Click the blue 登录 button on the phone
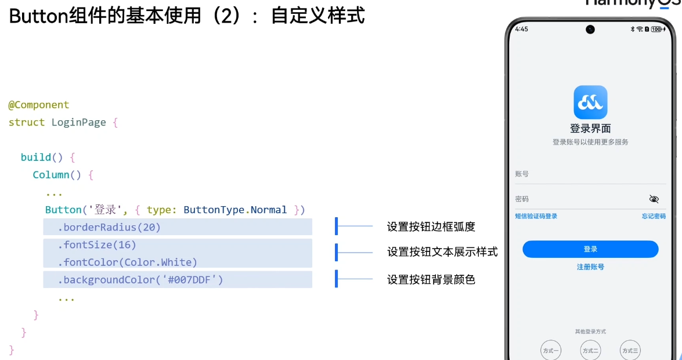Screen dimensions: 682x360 click(x=590, y=249)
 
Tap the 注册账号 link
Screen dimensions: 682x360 click(x=590, y=267)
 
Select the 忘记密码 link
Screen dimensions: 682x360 click(x=654, y=217)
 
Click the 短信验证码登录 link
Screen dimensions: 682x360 click(x=536, y=217)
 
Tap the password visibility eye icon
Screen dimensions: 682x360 click(x=654, y=199)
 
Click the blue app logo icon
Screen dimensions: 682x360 click(x=590, y=102)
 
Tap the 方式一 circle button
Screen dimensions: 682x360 click(x=550, y=351)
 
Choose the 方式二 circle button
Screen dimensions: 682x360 click(x=590, y=351)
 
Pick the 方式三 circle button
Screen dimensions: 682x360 click(x=630, y=351)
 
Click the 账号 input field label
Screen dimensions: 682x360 click(x=522, y=174)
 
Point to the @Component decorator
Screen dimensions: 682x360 click(x=38, y=105)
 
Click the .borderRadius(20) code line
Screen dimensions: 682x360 click(x=109, y=227)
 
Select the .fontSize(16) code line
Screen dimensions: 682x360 click(x=97, y=245)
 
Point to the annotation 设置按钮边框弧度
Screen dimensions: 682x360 click(x=431, y=226)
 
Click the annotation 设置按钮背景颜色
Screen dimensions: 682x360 click(x=431, y=280)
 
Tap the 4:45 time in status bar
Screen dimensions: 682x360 click(x=521, y=29)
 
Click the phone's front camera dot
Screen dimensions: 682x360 click(x=590, y=29)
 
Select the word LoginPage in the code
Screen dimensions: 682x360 click(x=78, y=123)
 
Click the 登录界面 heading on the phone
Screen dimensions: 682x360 click(x=590, y=129)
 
